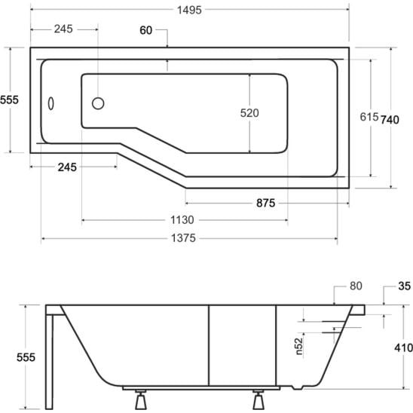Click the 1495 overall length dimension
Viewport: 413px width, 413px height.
point(189,10)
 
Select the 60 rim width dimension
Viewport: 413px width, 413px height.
point(145,30)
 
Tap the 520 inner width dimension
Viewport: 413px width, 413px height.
point(249,113)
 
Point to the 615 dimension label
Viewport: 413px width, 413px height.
point(369,117)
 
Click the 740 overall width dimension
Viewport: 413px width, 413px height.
point(390,120)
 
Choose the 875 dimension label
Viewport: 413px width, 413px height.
point(266,203)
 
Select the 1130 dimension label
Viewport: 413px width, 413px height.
point(182,219)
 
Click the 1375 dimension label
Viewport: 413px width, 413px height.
point(183,238)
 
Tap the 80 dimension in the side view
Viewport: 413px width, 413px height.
point(356,286)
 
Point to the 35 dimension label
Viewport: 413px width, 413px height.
point(404,286)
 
